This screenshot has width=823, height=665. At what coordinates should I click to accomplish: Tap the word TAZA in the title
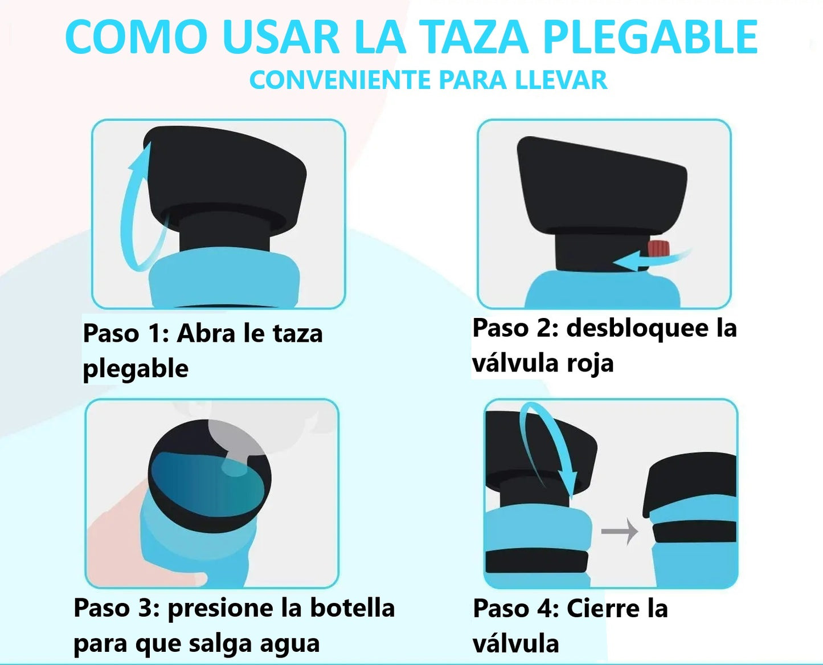point(476,38)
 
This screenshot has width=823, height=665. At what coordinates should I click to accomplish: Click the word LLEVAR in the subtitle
point(561,80)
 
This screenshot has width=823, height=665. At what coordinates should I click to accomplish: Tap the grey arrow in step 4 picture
point(620,531)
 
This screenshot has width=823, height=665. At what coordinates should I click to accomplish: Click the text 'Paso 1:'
point(126,333)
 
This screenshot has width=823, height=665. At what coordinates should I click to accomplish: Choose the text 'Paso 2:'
point(515,328)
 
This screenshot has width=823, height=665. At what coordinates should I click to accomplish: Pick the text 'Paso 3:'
point(117,608)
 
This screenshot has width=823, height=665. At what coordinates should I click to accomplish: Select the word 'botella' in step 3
point(352,608)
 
